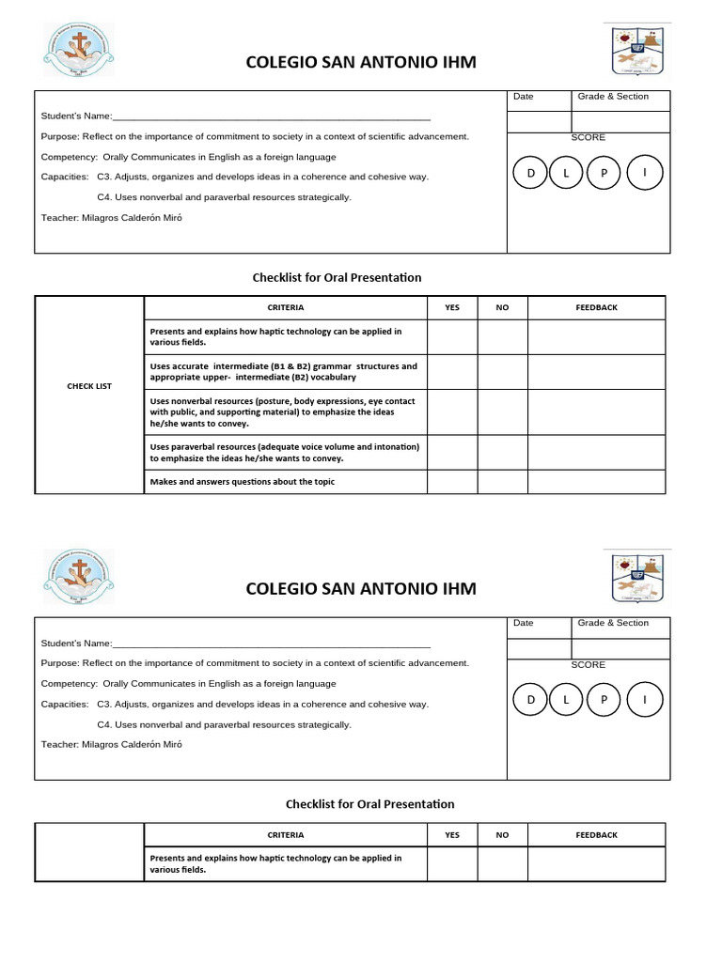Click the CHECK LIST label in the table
89,386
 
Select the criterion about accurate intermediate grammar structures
283,371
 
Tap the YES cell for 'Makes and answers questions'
452,481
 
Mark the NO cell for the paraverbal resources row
502,452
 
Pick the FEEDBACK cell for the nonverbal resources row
596,412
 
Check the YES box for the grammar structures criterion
452,371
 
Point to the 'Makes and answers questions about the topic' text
243,482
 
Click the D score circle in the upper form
531,174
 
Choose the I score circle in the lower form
644,701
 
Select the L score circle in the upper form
567,174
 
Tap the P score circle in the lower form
604,701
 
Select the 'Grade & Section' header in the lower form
613,623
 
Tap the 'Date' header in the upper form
524,97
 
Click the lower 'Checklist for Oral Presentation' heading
369,804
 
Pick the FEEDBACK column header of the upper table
596,308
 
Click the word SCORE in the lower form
589,664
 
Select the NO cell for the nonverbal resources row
502,412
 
